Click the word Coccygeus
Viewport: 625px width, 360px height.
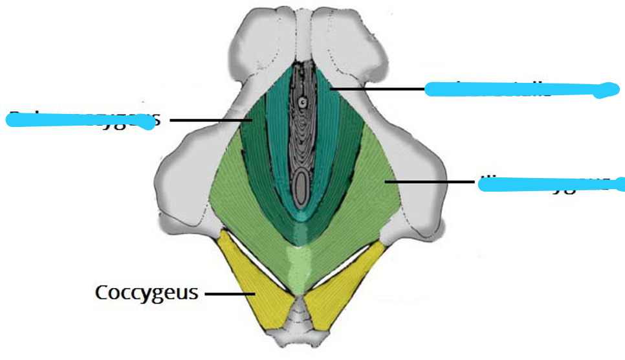[146, 293]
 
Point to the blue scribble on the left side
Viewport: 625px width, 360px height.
[81, 120]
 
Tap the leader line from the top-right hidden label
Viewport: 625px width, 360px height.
[375, 88]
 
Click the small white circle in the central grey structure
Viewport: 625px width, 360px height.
[302, 102]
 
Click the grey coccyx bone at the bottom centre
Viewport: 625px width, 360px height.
[299, 324]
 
